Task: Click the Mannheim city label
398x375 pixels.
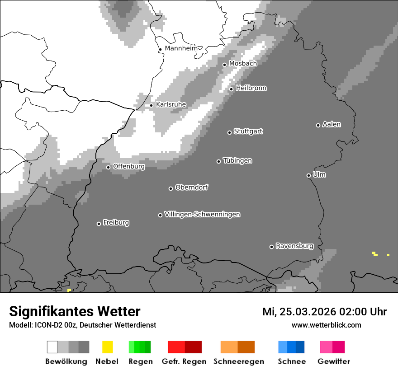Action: (x=181, y=48)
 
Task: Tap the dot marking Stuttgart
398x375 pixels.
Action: (x=229, y=132)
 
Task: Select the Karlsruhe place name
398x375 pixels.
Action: (x=171, y=104)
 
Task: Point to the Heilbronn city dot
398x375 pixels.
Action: (x=231, y=89)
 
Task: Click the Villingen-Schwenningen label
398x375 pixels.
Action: (x=202, y=214)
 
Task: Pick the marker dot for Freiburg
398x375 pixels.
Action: (x=99, y=224)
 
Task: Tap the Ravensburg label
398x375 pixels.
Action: (x=294, y=246)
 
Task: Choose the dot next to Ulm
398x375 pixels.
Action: (x=308, y=175)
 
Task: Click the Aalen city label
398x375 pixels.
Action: (x=332, y=124)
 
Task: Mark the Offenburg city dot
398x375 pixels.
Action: (x=108, y=167)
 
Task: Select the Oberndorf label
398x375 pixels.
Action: (x=192, y=187)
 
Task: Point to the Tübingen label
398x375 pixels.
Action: (x=237, y=160)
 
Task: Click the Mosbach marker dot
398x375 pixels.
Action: (x=224, y=65)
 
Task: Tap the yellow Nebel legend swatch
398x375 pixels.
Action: (x=107, y=347)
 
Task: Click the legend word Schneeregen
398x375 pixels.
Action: (x=238, y=361)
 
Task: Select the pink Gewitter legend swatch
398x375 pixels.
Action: (x=326, y=347)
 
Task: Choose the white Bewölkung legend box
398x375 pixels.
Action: (x=52, y=347)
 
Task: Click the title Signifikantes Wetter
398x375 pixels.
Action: (x=75, y=311)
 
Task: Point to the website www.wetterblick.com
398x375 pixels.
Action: (x=326, y=325)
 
